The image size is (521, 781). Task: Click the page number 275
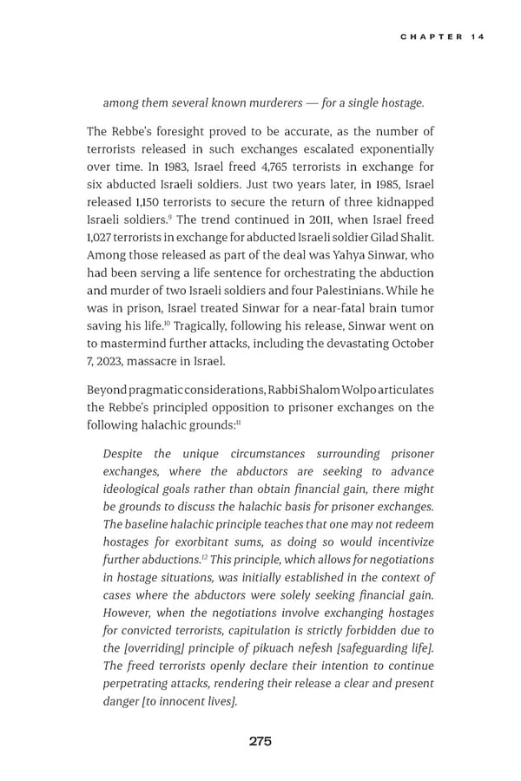coord(260,741)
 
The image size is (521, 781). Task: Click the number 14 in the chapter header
coord(477,36)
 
